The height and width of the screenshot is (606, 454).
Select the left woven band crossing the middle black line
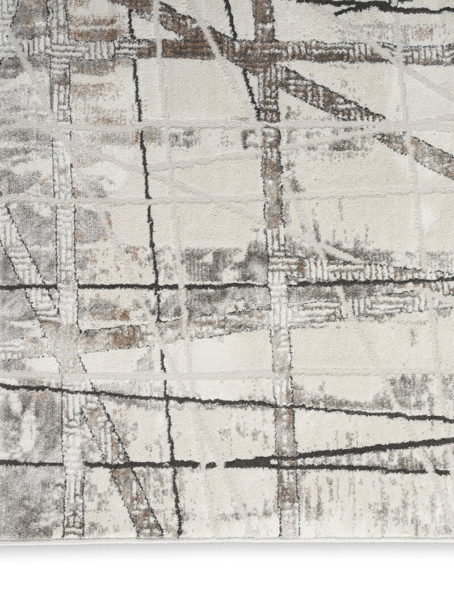68,286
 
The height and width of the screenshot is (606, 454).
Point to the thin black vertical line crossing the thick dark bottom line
171,464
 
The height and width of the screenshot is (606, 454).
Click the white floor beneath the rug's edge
227,574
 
